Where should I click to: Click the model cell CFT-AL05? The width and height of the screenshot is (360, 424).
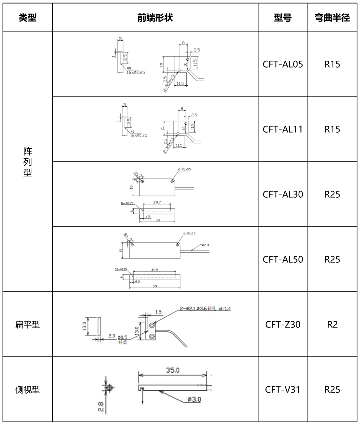pyautogui.click(x=282, y=64)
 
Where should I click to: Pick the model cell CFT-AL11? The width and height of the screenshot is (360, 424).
pyautogui.click(x=282, y=129)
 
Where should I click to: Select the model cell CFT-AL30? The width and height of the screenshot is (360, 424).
pyautogui.click(x=282, y=194)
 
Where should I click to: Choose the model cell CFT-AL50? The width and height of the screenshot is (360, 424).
pyautogui.click(x=282, y=260)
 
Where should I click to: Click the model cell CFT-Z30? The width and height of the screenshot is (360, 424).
pyautogui.click(x=282, y=325)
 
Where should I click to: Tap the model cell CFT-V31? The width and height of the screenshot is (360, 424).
pyautogui.click(x=282, y=390)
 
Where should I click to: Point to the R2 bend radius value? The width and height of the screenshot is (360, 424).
pyautogui.click(x=332, y=325)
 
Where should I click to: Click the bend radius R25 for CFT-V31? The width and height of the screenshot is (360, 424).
pyautogui.click(x=332, y=390)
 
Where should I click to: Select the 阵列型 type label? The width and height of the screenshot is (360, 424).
pyautogui.click(x=27, y=162)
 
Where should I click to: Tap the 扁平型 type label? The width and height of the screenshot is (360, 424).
pyautogui.click(x=27, y=325)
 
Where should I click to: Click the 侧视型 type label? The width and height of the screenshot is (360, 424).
pyautogui.click(x=27, y=390)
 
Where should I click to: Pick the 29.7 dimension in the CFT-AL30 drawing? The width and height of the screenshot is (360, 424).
pyautogui.click(x=157, y=204)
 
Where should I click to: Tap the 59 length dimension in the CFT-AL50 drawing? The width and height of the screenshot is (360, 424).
pyautogui.click(x=155, y=286)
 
